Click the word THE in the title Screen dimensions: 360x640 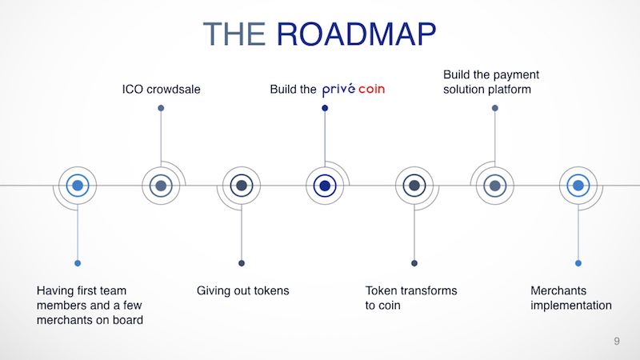[234, 34]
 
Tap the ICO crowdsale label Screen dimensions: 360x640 [161, 90]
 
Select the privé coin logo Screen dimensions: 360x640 [353, 90]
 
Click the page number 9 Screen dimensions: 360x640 [617, 342]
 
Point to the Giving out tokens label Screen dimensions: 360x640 [242, 290]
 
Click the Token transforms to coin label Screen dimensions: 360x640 [411, 298]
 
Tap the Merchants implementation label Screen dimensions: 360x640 [571, 298]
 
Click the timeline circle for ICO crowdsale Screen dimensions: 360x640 [161, 186]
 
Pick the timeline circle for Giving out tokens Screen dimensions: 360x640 [242, 186]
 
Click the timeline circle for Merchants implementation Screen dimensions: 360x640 [578, 186]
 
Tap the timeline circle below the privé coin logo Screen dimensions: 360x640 [325, 186]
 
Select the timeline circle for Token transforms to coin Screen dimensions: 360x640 [414, 186]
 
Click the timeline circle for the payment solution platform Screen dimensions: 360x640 [494, 186]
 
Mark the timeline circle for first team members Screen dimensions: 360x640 [78, 186]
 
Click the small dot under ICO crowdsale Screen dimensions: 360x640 [161, 108]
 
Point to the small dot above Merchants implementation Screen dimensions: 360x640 [578, 263]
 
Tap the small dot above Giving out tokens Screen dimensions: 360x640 [242, 263]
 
